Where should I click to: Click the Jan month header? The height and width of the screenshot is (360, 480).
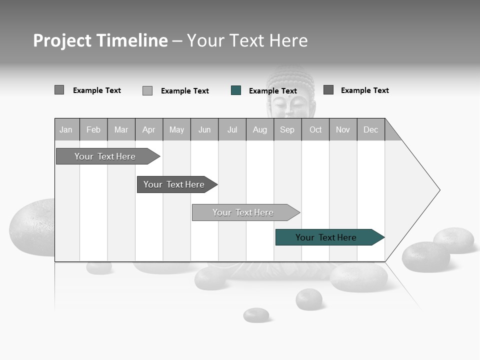pyautogui.click(x=66, y=129)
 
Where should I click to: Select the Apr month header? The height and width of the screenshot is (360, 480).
pyautogui.click(x=149, y=129)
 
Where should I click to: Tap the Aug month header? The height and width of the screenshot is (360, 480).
pyautogui.click(x=260, y=129)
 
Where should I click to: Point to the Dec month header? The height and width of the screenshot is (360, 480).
pyautogui.click(x=370, y=129)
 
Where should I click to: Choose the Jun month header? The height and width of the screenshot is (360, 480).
pyautogui.click(x=204, y=129)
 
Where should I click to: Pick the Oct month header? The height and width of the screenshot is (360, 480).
pyautogui.click(x=315, y=129)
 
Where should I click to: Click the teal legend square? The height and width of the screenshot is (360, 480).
pyautogui.click(x=236, y=90)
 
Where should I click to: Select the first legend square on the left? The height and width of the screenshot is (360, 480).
pyautogui.click(x=59, y=90)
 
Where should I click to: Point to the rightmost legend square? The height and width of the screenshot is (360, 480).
pyautogui.click(x=328, y=90)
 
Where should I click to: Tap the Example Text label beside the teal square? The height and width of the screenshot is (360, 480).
pyautogui.click(x=273, y=91)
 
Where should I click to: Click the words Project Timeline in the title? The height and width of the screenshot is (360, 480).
pyautogui.click(x=100, y=40)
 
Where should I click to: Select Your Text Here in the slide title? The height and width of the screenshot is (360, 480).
pyautogui.click(x=247, y=40)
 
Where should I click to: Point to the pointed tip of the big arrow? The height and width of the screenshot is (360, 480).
pyautogui.click(x=438, y=190)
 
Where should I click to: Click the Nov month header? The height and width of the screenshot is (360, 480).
pyautogui.click(x=343, y=129)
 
